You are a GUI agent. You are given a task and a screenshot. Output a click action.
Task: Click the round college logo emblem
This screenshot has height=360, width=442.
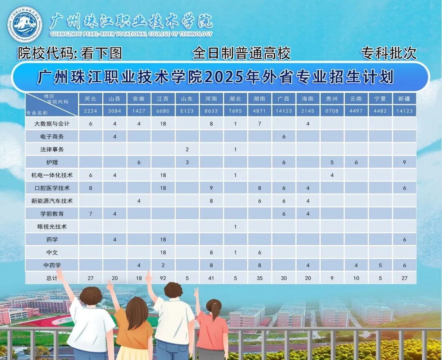(25, 25)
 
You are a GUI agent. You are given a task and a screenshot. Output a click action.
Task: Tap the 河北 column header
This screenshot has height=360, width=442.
(90, 99)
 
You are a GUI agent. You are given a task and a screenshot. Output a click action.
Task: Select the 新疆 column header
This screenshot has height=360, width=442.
(404, 99)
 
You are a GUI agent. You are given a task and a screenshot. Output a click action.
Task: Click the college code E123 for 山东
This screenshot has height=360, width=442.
(187, 111)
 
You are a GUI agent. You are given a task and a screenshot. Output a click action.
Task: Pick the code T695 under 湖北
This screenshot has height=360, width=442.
(235, 111)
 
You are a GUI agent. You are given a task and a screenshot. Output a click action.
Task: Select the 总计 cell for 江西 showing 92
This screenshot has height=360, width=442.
(163, 278)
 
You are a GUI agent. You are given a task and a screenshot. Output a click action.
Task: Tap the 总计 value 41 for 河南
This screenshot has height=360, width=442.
(211, 278)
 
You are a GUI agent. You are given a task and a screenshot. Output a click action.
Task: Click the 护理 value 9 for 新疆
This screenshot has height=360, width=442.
(404, 162)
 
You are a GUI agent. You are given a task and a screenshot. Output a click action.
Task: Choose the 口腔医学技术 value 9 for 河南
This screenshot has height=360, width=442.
(211, 188)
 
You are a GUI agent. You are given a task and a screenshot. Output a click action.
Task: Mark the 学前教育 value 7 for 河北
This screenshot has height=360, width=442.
(90, 214)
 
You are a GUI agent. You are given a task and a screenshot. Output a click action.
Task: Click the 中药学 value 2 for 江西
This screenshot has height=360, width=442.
(163, 265)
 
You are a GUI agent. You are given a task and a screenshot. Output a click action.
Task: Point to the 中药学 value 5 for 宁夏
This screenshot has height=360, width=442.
(380, 265)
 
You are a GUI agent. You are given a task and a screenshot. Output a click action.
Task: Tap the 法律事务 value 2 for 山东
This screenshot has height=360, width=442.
(187, 149)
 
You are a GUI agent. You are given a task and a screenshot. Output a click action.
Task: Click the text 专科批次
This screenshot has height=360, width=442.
(388, 53)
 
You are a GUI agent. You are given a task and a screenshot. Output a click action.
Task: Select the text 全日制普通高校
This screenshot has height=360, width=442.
(241, 53)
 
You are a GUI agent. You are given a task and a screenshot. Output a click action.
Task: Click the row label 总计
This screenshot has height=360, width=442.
(52, 278)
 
